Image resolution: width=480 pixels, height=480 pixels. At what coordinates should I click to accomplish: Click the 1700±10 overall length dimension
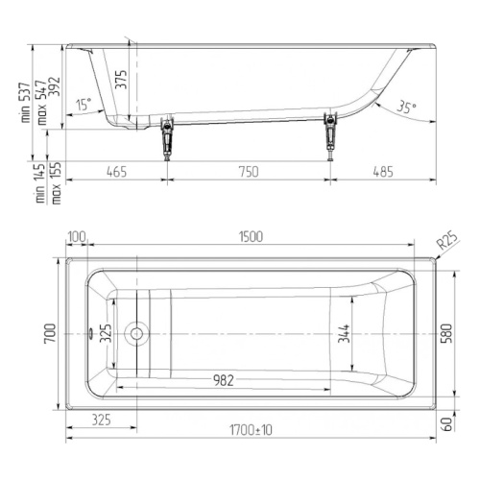pos(251,430)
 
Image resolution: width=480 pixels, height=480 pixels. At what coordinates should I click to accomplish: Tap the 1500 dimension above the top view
pos(251,237)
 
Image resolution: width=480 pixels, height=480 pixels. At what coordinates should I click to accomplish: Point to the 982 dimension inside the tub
pos(224,380)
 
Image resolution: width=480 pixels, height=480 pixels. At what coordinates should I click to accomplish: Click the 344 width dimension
pos(345,333)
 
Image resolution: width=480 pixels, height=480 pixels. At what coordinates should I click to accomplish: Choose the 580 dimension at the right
pos(446,333)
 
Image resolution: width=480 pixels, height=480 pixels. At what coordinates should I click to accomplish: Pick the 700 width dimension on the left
pos(50,333)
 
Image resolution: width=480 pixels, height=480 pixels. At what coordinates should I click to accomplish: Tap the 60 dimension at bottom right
pos(448,424)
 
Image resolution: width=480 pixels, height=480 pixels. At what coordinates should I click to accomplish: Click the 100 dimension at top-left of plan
pos(77,237)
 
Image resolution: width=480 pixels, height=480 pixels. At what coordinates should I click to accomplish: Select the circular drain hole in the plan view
pos(136,334)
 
